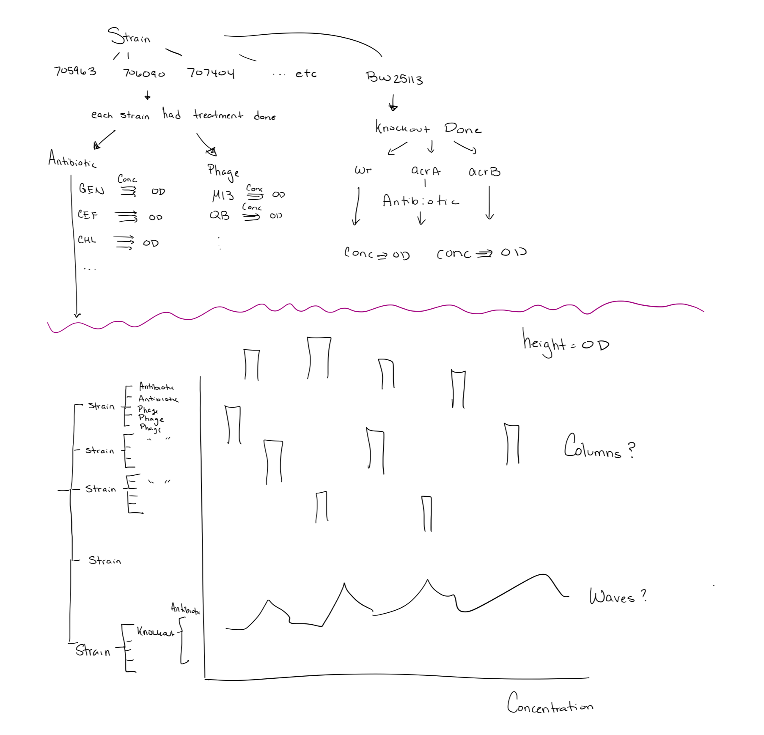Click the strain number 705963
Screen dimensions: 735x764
tap(75, 71)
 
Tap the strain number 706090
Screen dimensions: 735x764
tap(144, 74)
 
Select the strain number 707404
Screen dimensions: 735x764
tap(211, 73)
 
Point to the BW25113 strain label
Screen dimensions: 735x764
tap(394, 78)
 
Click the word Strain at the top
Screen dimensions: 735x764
tap(129, 36)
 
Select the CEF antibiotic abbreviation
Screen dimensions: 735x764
tap(88, 215)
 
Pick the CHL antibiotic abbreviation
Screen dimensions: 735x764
tap(87, 240)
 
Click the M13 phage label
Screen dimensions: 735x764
tap(223, 195)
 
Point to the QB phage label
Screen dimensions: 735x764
tap(220, 216)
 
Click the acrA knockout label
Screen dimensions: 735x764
tap(426, 171)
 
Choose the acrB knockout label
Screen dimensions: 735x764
tap(484, 172)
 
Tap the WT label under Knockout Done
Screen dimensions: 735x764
tap(363, 170)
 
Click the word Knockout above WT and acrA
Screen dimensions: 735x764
tap(402, 127)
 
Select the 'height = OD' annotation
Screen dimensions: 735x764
tap(566, 344)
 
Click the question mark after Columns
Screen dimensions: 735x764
tap(631, 450)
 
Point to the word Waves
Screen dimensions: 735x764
tap(612, 597)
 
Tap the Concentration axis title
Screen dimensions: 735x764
tap(550, 704)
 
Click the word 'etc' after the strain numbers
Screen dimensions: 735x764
tap(305, 74)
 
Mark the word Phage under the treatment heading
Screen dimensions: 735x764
tap(223, 171)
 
